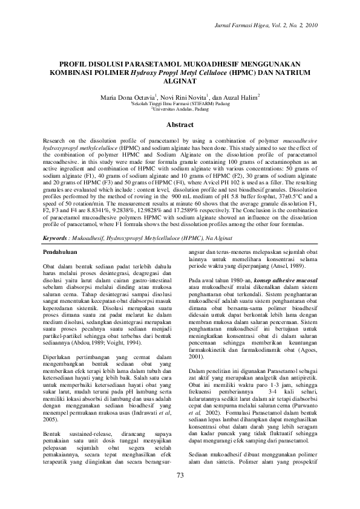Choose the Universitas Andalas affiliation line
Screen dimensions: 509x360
[180, 109]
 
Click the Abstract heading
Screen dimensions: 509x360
[180, 125]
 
